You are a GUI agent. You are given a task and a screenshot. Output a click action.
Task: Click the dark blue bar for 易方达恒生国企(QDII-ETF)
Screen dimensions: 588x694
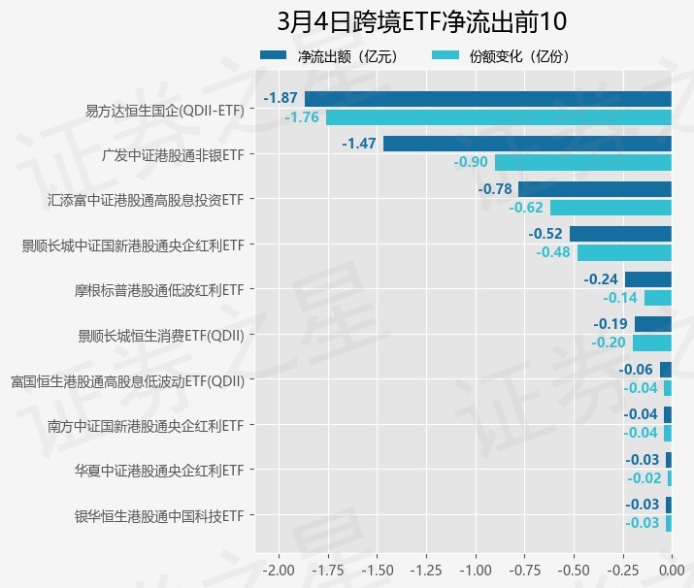(488, 99)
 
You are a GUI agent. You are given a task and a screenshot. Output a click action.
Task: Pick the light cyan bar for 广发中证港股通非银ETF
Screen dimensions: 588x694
(583, 162)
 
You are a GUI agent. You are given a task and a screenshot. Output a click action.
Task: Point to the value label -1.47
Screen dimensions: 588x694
(359, 144)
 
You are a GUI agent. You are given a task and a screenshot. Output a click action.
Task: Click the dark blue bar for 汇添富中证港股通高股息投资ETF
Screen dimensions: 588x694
(595, 188)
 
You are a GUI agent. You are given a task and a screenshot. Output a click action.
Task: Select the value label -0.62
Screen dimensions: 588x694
(526, 208)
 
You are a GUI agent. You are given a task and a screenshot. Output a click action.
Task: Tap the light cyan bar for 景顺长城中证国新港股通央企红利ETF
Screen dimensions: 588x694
(624, 252)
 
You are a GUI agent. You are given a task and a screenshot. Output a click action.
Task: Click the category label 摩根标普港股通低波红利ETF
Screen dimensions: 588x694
(159, 290)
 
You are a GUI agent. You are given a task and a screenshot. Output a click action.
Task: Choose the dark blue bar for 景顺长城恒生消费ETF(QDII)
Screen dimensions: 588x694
(652, 324)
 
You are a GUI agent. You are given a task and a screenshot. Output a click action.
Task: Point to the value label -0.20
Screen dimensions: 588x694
(610, 343)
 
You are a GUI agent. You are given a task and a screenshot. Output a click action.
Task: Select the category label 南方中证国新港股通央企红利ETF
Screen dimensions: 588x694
(145, 425)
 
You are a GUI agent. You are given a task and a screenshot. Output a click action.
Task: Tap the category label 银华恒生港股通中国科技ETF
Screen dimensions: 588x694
(158, 515)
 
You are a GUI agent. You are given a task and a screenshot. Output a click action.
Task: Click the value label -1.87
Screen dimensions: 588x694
(281, 99)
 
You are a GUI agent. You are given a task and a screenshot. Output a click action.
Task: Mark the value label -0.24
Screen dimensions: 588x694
(601, 278)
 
